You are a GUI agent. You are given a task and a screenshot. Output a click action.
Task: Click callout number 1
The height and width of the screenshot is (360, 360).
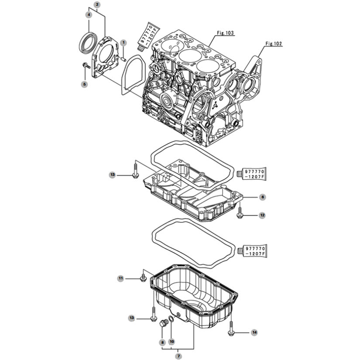click(123, 42)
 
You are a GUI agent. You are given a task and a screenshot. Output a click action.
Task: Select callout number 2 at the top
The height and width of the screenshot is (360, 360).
click(97, 4)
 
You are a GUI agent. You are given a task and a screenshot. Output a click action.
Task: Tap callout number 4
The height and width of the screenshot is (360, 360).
click(89, 15)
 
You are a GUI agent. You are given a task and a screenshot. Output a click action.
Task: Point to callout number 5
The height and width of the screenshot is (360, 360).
click(85, 84)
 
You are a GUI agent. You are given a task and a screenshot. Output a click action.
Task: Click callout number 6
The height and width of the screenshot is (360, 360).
click(263, 197)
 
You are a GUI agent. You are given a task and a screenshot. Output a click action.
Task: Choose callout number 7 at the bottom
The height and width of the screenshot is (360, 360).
click(178, 356)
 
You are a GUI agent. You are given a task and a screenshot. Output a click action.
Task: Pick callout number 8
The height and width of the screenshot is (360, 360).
click(162, 343)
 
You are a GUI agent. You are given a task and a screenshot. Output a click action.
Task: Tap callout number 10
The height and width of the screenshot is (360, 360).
click(172, 341)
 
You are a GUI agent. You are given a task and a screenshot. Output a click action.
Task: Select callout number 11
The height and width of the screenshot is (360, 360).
click(121, 278)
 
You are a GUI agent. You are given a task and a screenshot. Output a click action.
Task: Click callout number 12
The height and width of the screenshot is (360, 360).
click(262, 216)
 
